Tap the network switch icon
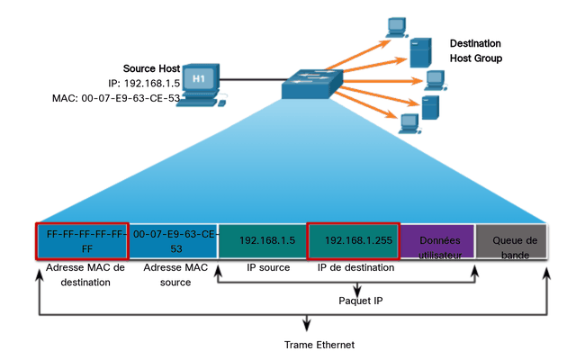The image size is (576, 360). click(x=312, y=84)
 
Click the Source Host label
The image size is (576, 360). click(x=151, y=68)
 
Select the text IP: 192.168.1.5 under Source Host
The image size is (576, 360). click(x=144, y=84)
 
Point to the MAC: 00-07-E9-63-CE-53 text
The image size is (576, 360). click(x=116, y=98)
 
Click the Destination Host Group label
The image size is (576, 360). click(x=476, y=50)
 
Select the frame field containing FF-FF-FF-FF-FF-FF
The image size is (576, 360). click(x=82, y=241)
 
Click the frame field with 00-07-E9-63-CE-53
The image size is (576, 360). click(x=173, y=241)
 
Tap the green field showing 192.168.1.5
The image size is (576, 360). click(x=263, y=241)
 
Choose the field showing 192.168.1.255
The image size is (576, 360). click(x=354, y=241)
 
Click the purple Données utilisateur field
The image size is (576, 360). click(x=437, y=241)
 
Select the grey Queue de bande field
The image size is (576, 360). click(x=511, y=241)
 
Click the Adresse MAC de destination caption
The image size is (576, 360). click(x=85, y=274)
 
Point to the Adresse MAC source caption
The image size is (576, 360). click(x=175, y=274)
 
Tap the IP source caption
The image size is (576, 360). click(x=268, y=267)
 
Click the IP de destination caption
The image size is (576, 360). click(x=355, y=267)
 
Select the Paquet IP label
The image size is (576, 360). click(x=360, y=301)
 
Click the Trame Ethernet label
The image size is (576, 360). click(x=319, y=345)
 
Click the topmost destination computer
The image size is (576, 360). click(x=397, y=27)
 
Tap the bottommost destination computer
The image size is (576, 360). click(x=409, y=124)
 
